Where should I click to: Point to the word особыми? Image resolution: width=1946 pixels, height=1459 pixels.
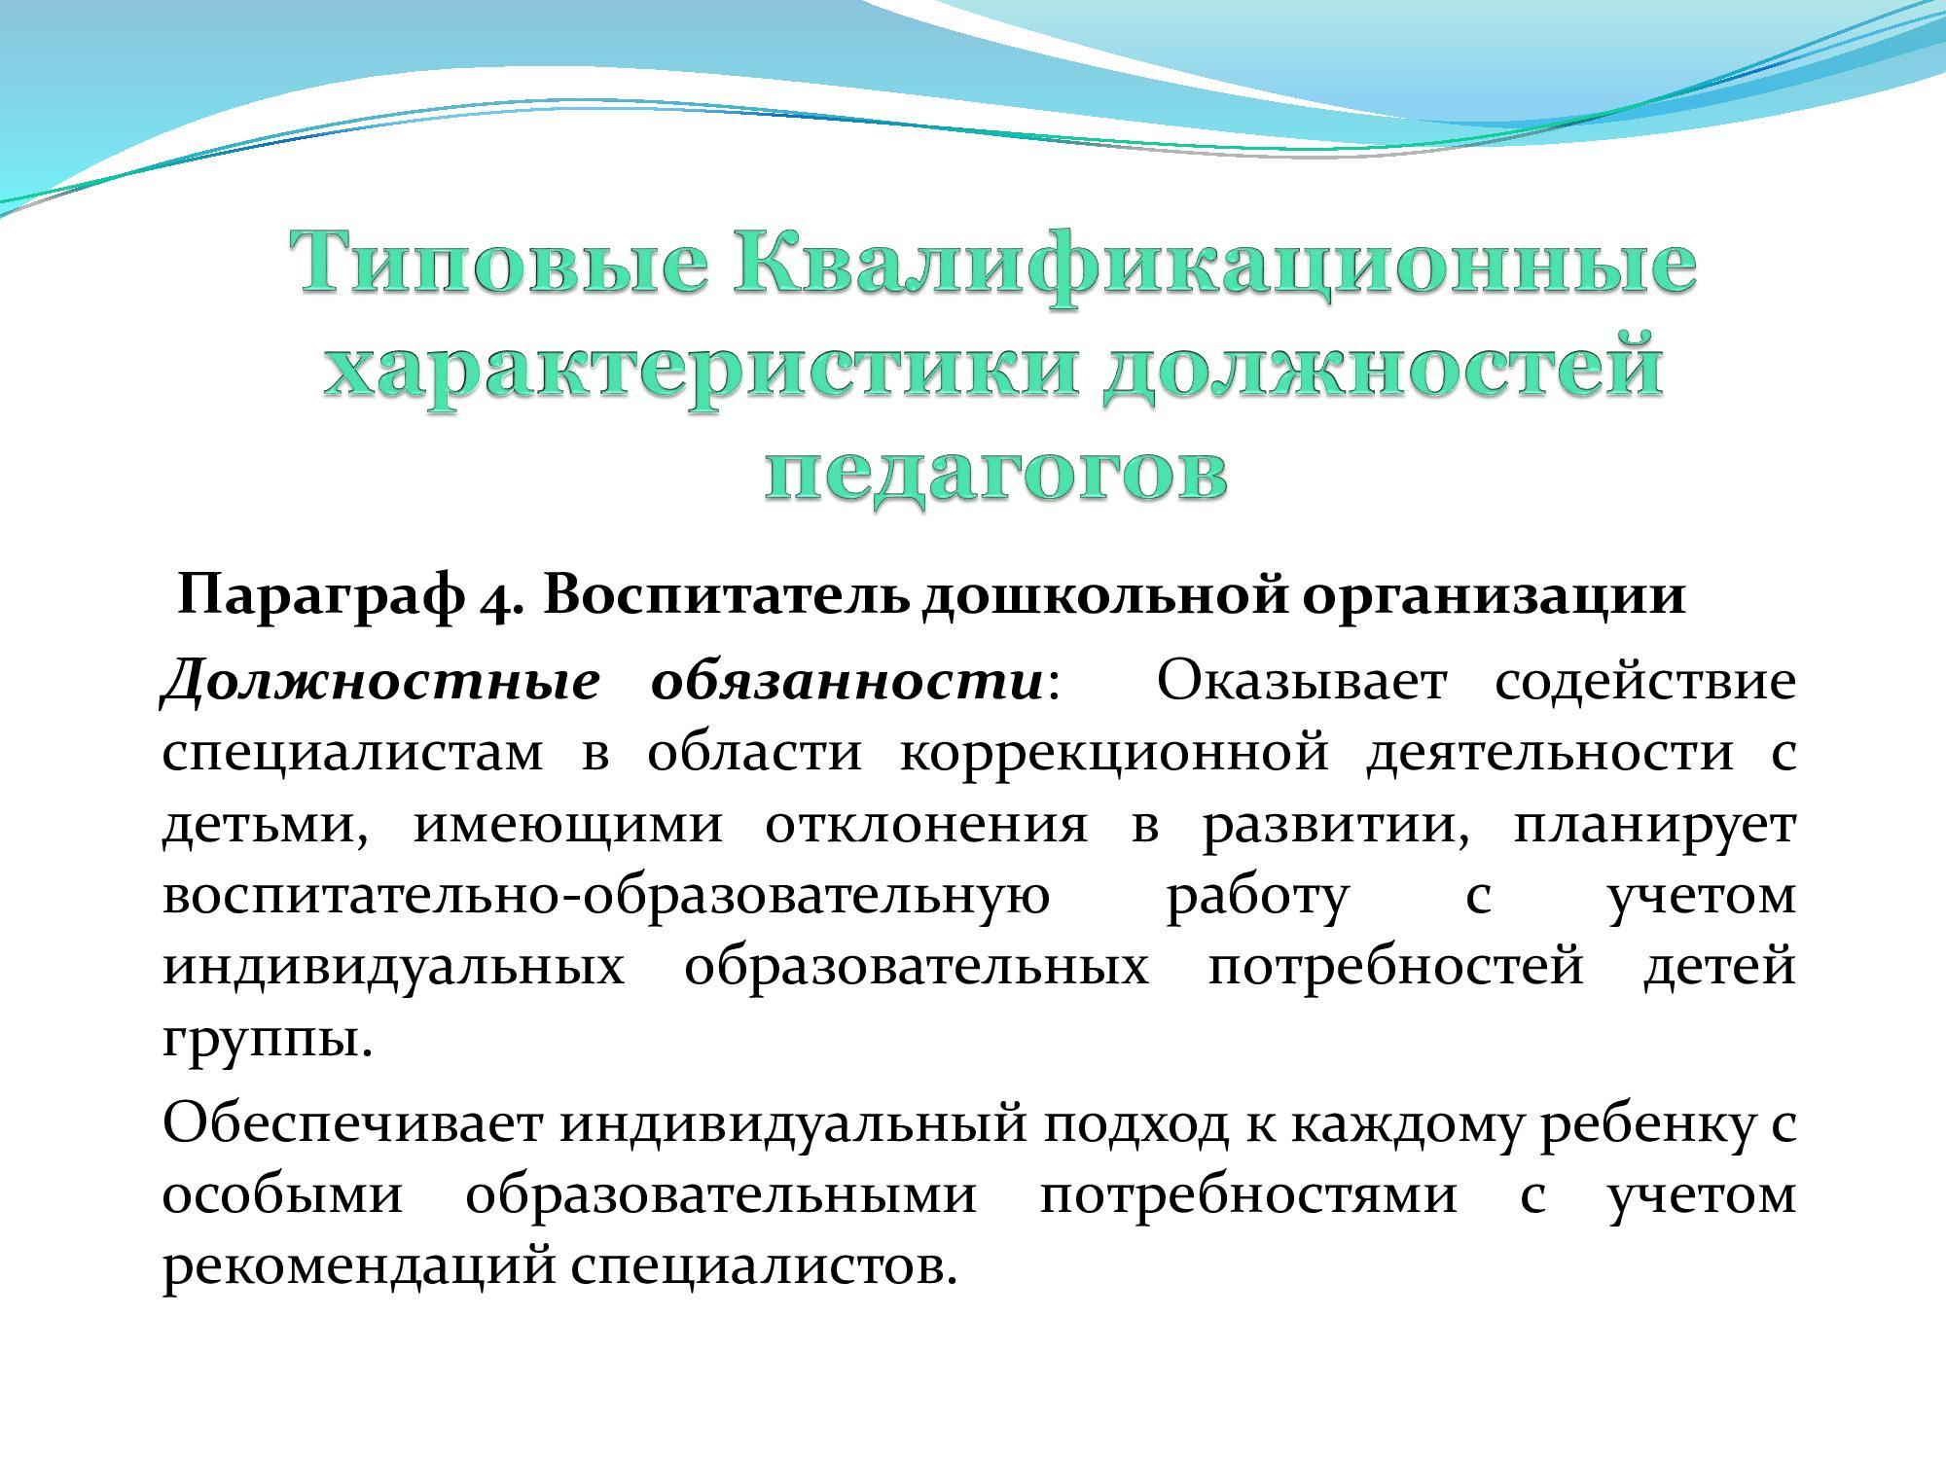[x=282, y=1194]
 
